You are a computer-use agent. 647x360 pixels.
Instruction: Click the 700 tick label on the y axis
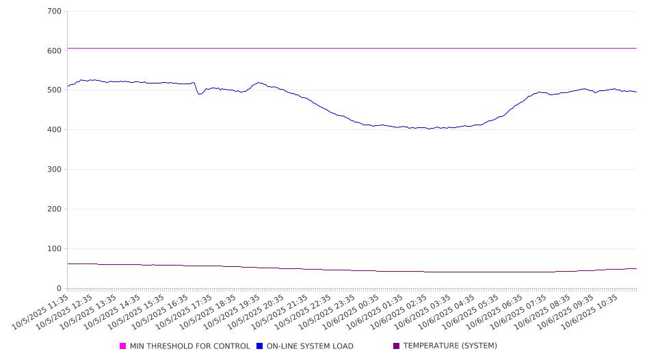point(55,12)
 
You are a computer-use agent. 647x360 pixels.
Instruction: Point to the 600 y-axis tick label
point(55,51)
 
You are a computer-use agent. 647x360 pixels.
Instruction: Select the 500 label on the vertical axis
point(55,90)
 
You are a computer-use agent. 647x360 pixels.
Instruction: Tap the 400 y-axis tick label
point(55,130)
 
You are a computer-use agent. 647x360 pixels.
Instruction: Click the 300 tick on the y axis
point(55,170)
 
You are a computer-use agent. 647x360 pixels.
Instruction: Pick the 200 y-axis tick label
point(55,209)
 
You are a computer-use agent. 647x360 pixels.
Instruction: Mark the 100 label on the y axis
point(55,249)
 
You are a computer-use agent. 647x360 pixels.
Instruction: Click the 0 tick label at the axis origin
point(60,289)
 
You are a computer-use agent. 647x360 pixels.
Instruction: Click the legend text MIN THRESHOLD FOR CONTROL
point(189,346)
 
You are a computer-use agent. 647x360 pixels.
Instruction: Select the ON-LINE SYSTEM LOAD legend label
point(310,346)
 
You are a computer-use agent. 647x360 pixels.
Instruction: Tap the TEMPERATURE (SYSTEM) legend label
point(450,346)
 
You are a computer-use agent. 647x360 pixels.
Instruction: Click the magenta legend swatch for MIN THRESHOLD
point(123,346)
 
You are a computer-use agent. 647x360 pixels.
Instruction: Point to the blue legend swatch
point(260,346)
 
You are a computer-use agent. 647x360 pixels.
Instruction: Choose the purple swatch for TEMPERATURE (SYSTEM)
point(397,346)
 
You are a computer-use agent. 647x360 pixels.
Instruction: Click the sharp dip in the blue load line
point(199,94)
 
